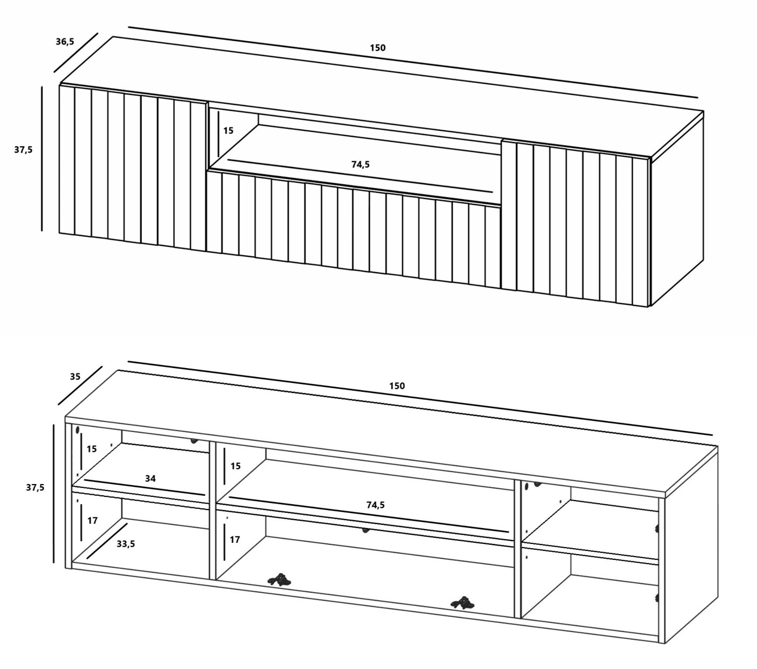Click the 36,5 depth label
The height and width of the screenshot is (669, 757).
65,41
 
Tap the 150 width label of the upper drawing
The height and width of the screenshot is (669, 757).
378,48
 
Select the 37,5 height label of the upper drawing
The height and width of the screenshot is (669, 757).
23,150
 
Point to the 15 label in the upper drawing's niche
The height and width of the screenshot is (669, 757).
228,131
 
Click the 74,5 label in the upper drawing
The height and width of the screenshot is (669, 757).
360,164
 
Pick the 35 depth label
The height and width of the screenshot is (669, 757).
75,377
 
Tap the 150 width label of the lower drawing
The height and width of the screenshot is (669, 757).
397,386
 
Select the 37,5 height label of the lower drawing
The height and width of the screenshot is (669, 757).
35,488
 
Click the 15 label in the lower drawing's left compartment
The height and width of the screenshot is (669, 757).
92,449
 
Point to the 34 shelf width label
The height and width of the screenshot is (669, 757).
150,478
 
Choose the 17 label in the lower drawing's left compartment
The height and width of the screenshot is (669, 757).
92,521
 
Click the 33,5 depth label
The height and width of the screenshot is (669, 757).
126,544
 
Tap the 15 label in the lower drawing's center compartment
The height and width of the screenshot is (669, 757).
235,466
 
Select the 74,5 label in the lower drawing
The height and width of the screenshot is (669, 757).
376,505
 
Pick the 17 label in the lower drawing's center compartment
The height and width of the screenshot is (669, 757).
235,540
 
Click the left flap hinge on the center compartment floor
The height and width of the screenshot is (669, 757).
279,580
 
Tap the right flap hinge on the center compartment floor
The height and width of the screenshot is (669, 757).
462,602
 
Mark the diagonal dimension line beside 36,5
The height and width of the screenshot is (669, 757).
76,52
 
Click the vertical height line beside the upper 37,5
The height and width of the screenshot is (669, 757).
42,158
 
